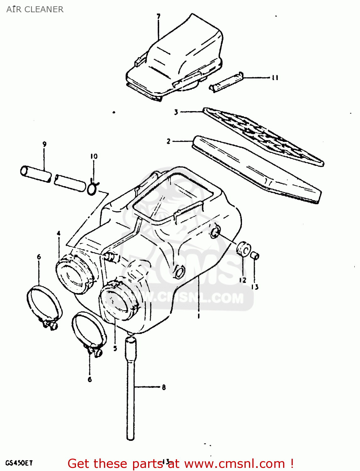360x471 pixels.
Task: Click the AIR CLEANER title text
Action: (x=35, y=9)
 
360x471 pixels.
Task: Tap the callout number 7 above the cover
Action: (x=159, y=16)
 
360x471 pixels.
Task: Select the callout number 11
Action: (x=275, y=78)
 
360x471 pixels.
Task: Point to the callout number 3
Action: (x=176, y=112)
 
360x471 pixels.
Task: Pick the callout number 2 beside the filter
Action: (x=169, y=141)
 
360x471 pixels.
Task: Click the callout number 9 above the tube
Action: (x=45, y=144)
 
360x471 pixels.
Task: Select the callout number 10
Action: (x=94, y=156)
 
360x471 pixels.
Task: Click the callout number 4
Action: (x=59, y=233)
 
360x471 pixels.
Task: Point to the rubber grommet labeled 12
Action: (x=244, y=249)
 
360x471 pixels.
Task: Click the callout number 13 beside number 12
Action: (x=255, y=287)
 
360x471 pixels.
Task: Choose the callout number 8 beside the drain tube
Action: (x=164, y=387)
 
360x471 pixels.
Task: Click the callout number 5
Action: (x=115, y=348)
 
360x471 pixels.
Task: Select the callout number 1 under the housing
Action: (x=199, y=316)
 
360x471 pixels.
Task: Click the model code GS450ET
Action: (x=19, y=463)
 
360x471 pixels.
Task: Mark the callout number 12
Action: (x=243, y=280)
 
